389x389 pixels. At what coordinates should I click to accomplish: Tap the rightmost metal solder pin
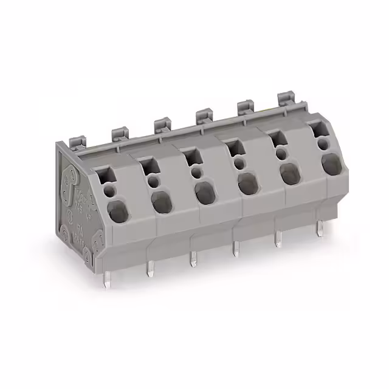[x=318, y=230]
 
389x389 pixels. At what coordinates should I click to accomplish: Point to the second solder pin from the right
[x=277, y=239]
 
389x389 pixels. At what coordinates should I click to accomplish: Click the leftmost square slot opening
[x=109, y=174]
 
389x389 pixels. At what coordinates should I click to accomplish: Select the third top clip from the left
[x=162, y=124]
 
